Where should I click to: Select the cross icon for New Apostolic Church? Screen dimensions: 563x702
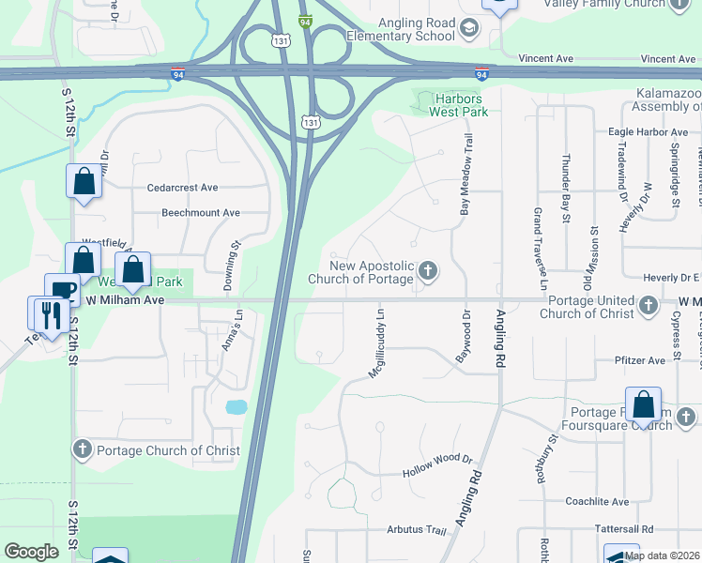tap(428, 272)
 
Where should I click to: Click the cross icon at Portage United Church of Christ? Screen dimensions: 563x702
tap(648, 306)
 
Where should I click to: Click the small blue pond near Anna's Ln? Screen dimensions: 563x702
tap(237, 407)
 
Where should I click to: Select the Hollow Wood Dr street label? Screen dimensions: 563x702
tap(437, 473)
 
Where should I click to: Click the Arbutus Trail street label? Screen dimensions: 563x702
tap(417, 530)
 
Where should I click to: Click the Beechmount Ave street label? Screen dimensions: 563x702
tap(201, 213)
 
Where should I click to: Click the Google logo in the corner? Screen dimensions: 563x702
tap(32, 552)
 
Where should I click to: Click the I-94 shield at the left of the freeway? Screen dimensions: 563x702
tap(177, 73)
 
